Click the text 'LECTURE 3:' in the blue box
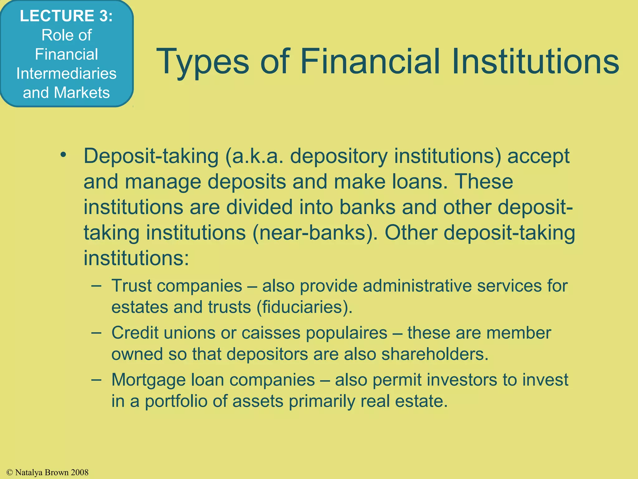(x=66, y=16)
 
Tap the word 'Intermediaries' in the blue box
(x=66, y=74)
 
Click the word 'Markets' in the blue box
(x=82, y=93)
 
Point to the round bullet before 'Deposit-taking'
(x=64, y=155)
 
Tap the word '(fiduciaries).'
(x=304, y=307)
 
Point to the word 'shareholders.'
(x=435, y=354)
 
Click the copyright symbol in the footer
(x=10, y=472)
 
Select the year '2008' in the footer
(x=79, y=472)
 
